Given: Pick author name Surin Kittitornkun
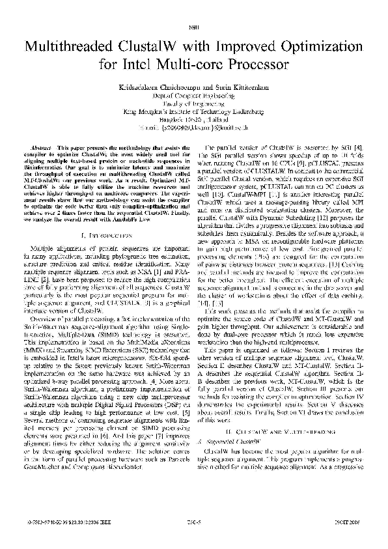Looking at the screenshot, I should click(x=230, y=87).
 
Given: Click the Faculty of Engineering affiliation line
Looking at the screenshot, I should click(x=194, y=103).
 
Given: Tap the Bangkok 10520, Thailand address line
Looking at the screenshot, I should click(x=194, y=119).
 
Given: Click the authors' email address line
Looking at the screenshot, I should click(x=194, y=128).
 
